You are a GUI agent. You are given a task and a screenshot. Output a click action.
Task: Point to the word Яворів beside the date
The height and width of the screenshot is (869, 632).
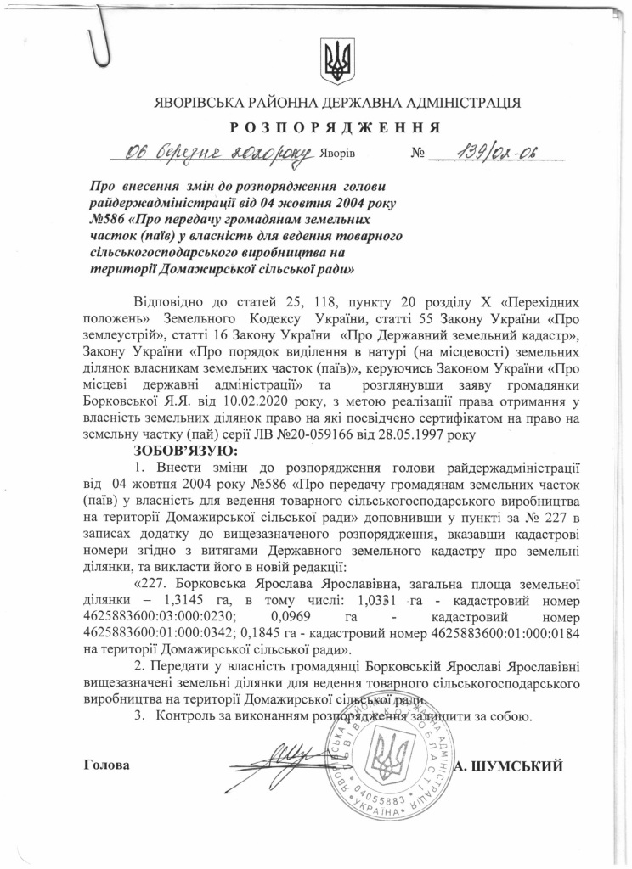click(x=338, y=156)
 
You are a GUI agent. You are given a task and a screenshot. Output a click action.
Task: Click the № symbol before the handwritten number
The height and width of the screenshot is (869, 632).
click(x=417, y=156)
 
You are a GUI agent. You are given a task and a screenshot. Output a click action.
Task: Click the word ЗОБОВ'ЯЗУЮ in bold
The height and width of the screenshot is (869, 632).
click(x=187, y=450)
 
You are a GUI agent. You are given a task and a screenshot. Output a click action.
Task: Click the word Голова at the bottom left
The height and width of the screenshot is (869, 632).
click(x=108, y=765)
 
